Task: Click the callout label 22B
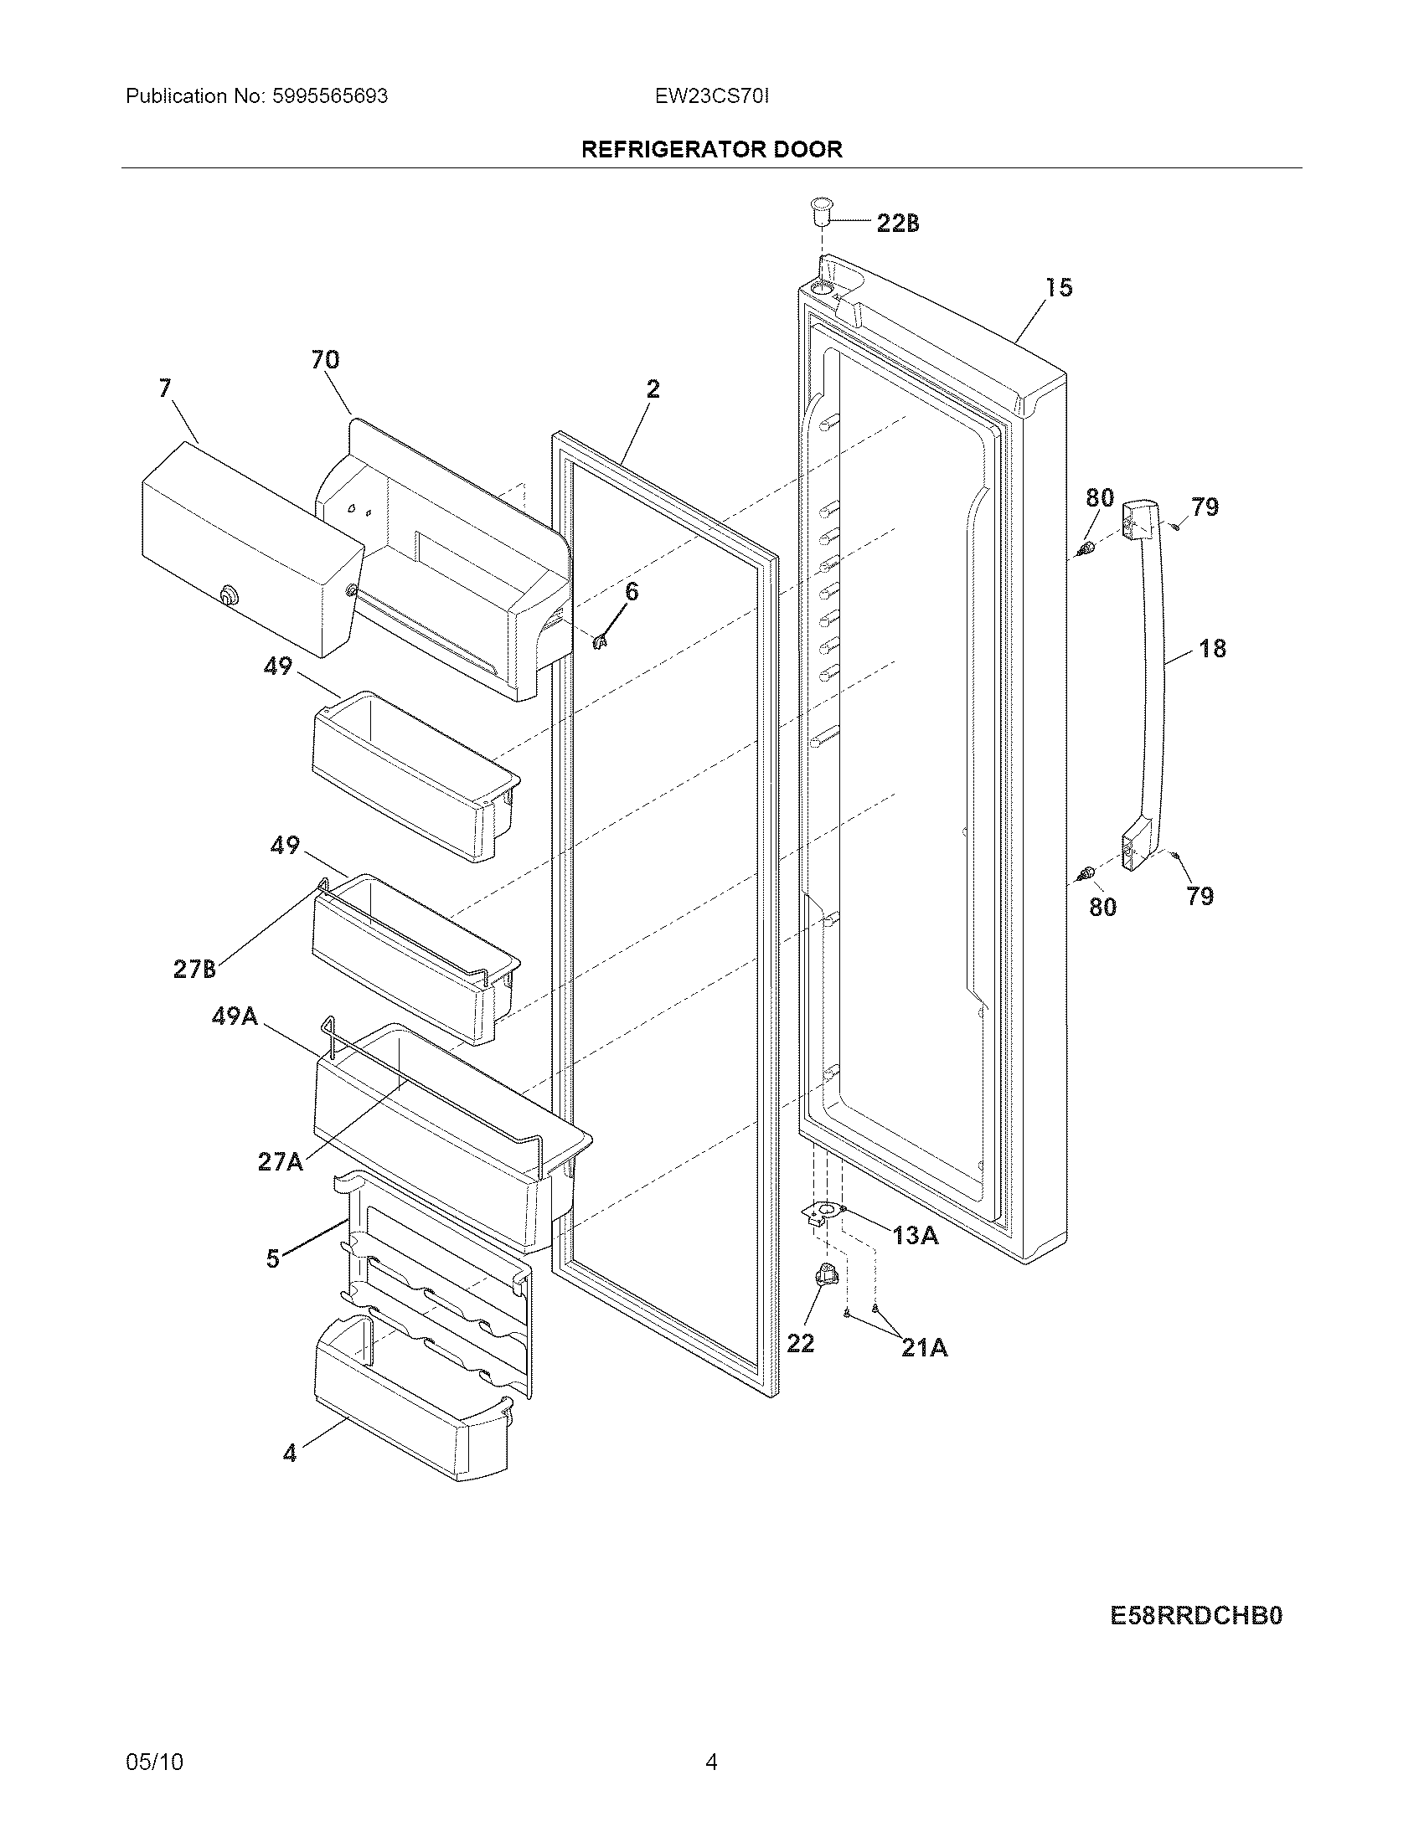point(898,224)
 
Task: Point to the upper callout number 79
point(1205,507)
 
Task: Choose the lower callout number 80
point(1102,907)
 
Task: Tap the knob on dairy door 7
point(227,595)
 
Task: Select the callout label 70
point(325,360)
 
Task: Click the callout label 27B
point(194,969)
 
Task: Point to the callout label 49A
point(234,1016)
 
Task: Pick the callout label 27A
point(280,1162)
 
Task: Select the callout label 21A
point(924,1349)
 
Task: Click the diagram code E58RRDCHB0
point(1195,1615)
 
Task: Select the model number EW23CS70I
point(711,96)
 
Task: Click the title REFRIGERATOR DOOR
point(712,149)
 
